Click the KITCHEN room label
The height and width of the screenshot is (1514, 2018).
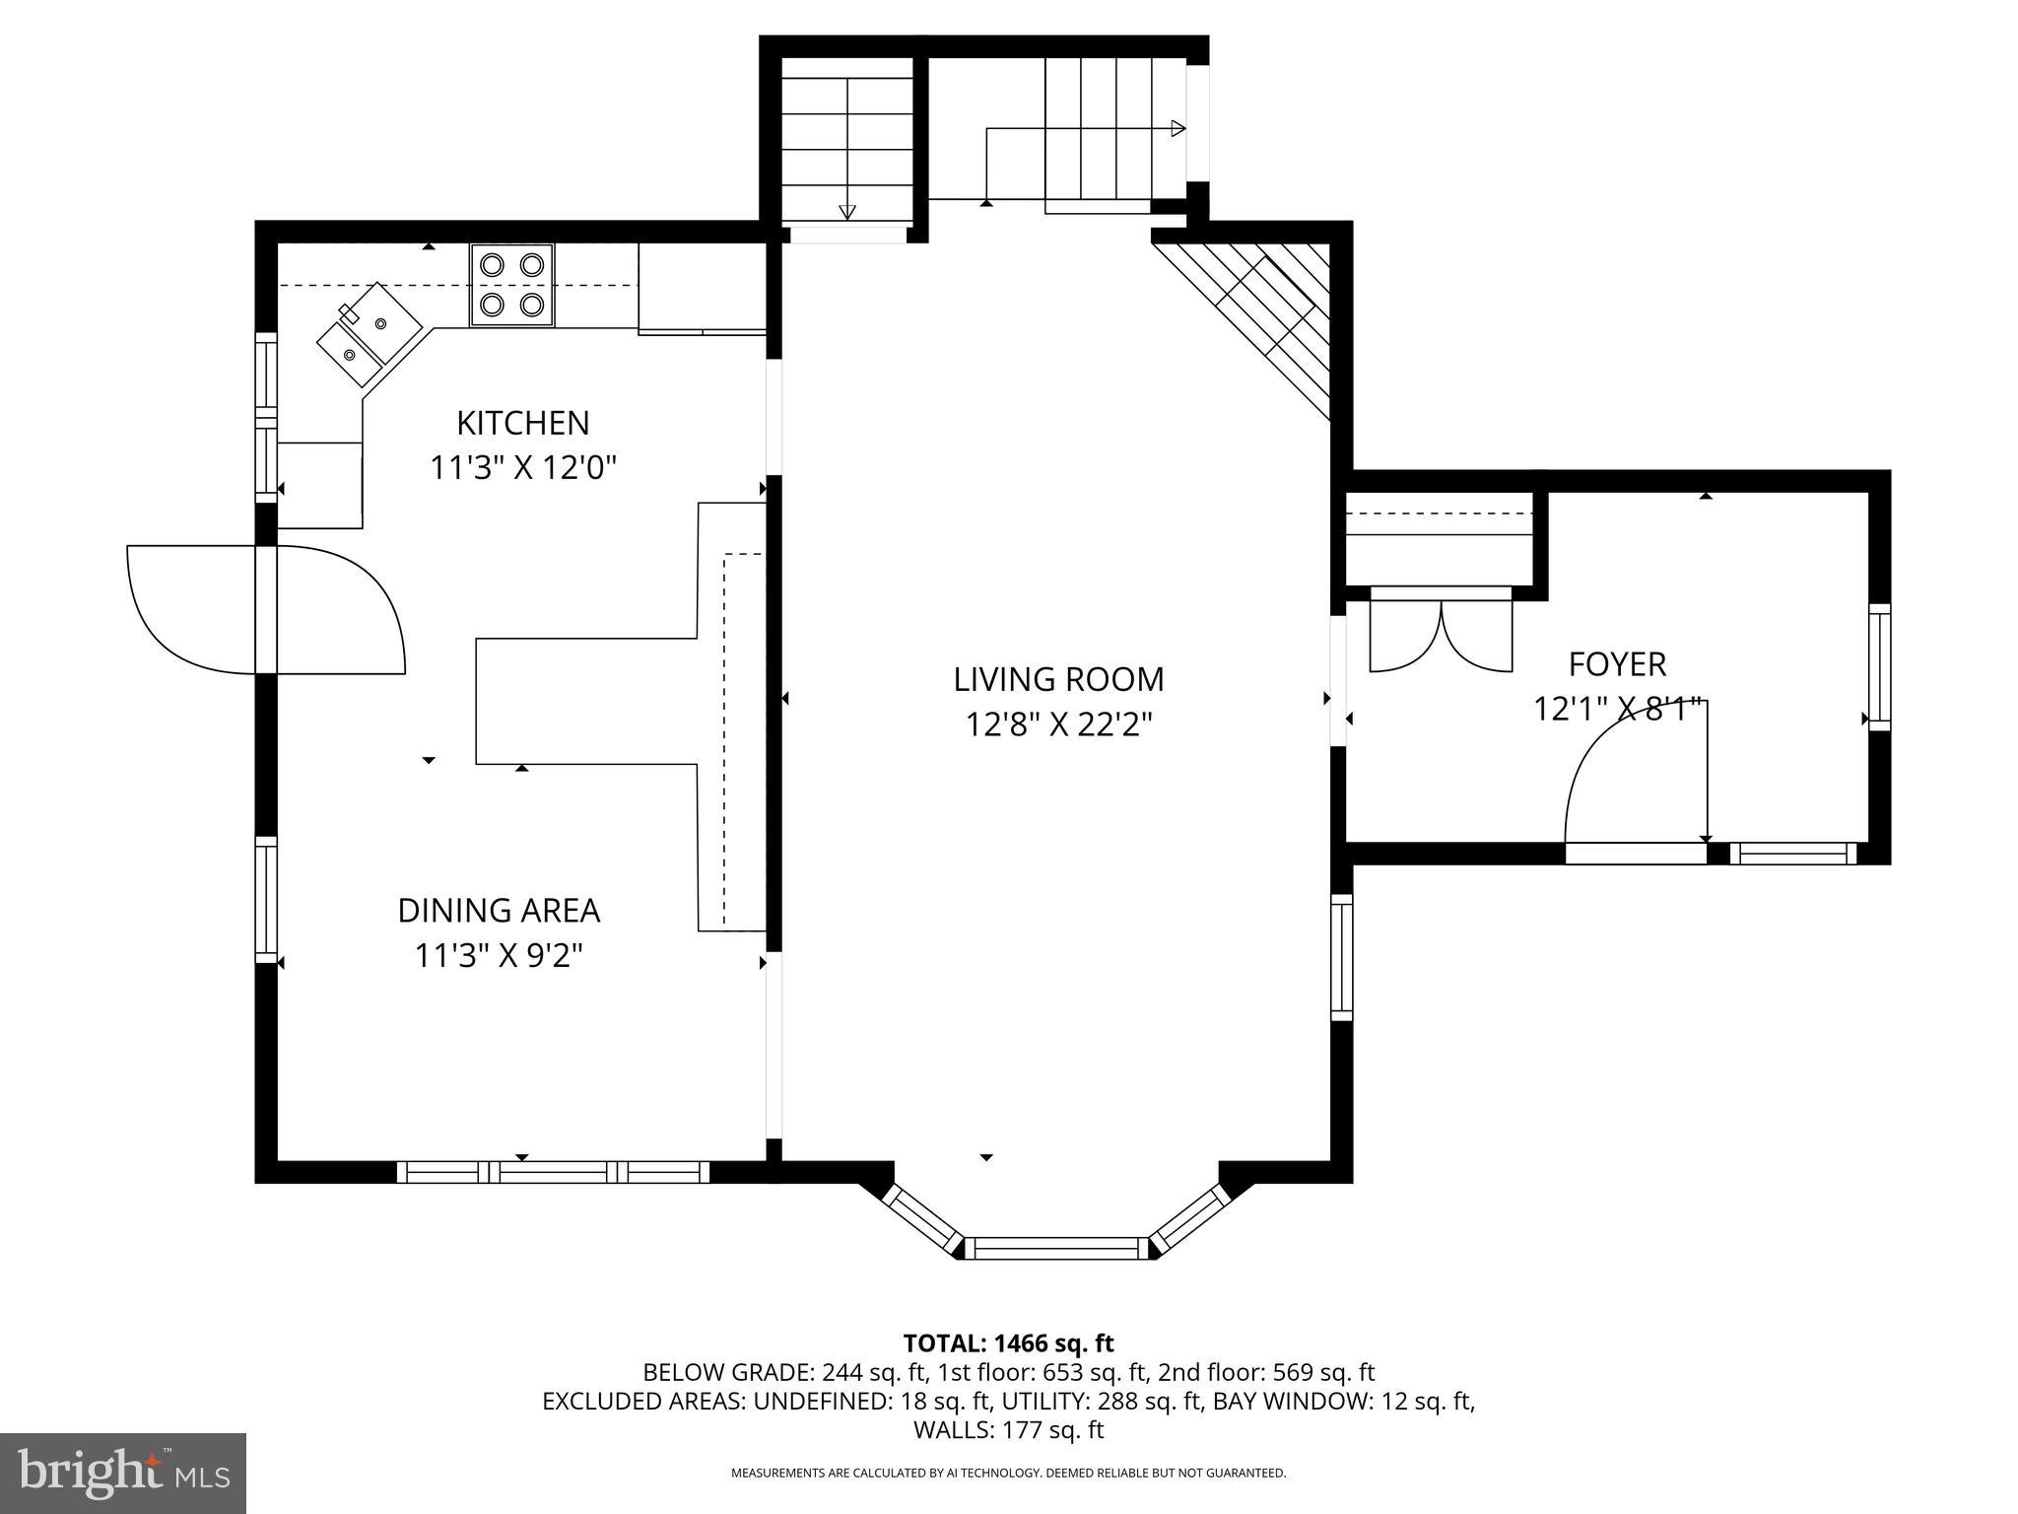tap(522, 423)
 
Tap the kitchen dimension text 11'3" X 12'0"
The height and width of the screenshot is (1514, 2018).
tap(522, 467)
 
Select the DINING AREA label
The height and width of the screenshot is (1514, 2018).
tap(499, 910)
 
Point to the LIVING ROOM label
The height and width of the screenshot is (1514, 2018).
tap(1058, 679)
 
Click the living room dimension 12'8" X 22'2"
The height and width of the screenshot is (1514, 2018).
tap(1058, 725)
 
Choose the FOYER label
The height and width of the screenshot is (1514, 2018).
tap(1617, 664)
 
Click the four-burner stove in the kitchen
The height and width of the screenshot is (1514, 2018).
tap(511, 284)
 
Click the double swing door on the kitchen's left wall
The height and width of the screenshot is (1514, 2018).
tap(266, 609)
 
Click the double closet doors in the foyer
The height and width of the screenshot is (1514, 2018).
tap(1441, 636)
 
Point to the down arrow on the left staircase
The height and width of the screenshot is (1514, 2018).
tap(846, 210)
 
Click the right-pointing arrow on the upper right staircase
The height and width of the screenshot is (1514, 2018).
tap(1177, 128)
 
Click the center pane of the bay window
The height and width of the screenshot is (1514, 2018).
tap(1056, 1248)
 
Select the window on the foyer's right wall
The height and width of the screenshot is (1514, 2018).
tap(1879, 666)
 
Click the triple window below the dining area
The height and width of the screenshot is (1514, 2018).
tap(553, 1172)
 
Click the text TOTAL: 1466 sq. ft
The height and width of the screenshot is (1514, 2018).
tap(1008, 1342)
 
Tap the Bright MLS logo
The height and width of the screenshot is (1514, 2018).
tap(123, 1473)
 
